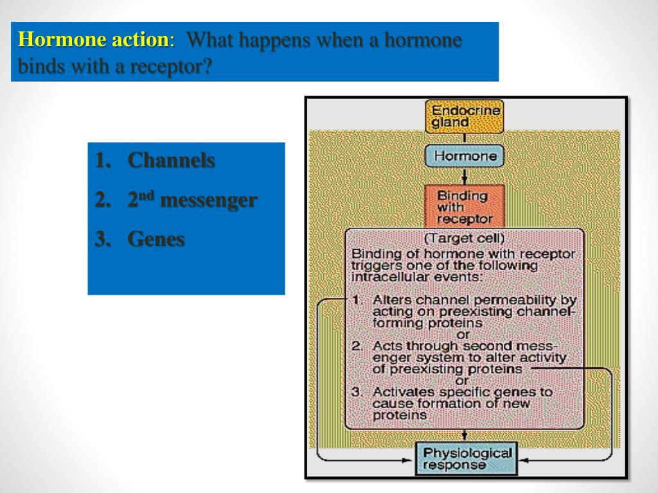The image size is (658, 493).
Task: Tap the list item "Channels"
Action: pyautogui.click(x=171, y=160)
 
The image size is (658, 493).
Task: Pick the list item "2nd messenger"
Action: pyautogui.click(x=192, y=200)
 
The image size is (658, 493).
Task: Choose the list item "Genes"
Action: pyautogui.click(x=156, y=240)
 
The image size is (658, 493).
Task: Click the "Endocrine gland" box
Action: pyautogui.click(x=464, y=116)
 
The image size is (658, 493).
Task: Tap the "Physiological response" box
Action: pyautogui.click(x=467, y=459)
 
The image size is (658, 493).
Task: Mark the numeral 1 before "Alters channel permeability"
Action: pyautogui.click(x=357, y=300)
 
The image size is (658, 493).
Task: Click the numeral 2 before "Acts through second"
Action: pyautogui.click(x=357, y=346)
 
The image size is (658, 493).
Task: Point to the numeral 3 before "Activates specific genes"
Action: pyautogui.click(x=357, y=392)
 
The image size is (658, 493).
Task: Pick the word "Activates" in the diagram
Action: pyautogui.click(x=402, y=392)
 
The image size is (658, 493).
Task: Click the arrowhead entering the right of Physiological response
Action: pyautogui.click(x=524, y=460)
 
